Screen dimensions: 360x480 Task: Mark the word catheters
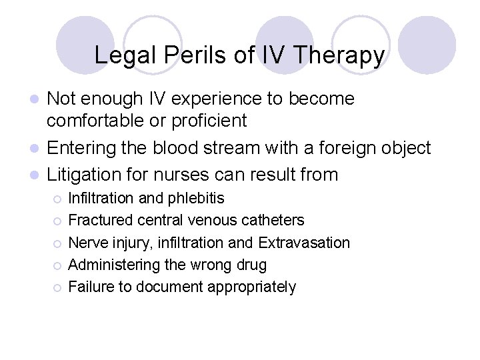[x=272, y=220]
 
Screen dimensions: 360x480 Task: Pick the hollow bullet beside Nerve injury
[x=59, y=243]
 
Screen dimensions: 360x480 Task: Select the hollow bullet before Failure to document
[x=59, y=288]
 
